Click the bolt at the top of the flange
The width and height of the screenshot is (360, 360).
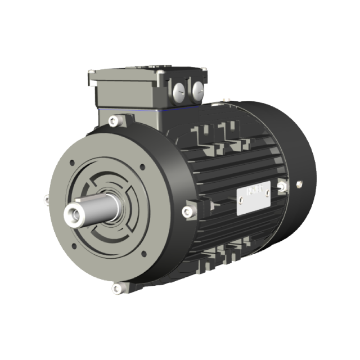pos(114,120)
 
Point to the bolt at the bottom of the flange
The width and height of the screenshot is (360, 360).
pos(116,289)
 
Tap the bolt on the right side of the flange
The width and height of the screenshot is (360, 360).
pos(187,211)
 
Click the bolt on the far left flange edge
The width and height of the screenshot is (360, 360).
pos(46,198)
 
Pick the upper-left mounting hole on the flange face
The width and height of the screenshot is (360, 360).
pos(71,163)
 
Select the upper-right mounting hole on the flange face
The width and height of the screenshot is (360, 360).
pos(142,166)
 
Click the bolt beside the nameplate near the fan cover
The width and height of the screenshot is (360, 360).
pos(283,186)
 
